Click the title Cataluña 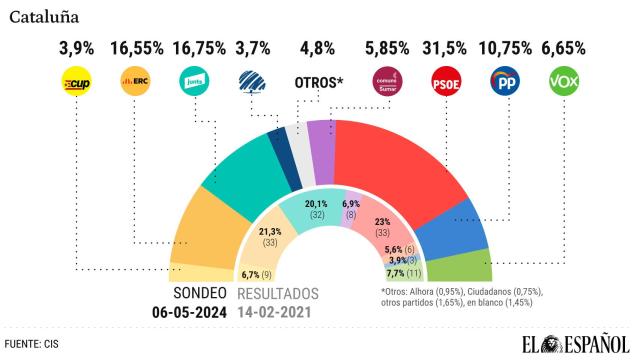(46, 17)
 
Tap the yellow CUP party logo (75, 81)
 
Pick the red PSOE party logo (445, 81)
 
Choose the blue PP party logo (505, 81)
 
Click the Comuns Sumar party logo (385, 81)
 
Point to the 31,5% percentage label (445, 46)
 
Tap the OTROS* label (318, 82)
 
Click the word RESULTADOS (278, 294)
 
